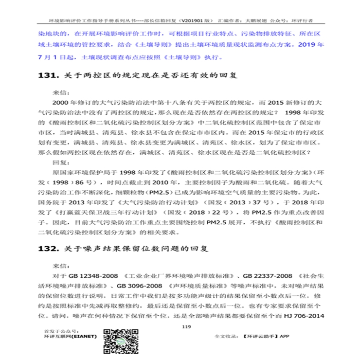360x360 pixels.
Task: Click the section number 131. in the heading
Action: point(47,76)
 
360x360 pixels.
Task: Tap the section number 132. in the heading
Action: point(47,249)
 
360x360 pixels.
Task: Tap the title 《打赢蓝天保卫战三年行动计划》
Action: point(123,212)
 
